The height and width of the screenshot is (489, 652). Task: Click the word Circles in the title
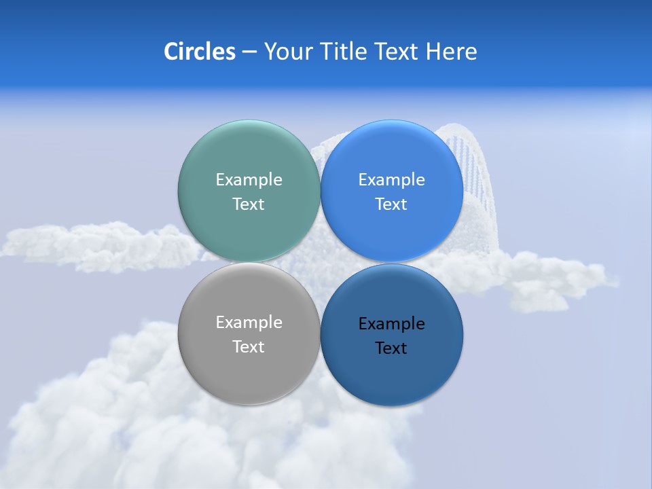(199, 52)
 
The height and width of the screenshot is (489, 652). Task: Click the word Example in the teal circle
(249, 179)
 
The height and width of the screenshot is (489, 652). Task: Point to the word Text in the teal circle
(249, 204)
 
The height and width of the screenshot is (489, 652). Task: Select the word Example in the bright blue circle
(391, 179)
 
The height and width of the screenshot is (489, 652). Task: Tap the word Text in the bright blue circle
(391, 204)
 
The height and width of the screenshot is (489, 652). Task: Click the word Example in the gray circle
(249, 322)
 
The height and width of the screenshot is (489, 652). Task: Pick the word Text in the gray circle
(249, 346)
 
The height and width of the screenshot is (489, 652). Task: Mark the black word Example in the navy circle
(391, 323)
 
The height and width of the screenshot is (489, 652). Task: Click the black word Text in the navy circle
(391, 348)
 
